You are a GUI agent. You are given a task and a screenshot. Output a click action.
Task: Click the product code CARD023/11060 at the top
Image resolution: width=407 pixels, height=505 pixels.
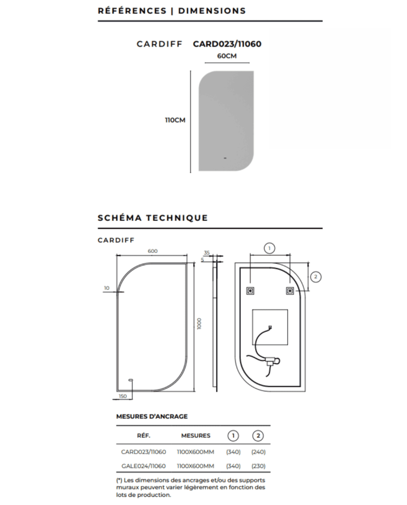point(227,44)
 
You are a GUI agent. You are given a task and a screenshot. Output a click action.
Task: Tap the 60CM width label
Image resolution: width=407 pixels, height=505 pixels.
point(227,56)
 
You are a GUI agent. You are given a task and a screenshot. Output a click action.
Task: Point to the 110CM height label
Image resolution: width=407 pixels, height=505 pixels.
point(176,120)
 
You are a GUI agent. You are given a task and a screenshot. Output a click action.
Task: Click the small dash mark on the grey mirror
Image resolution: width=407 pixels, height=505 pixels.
point(225,158)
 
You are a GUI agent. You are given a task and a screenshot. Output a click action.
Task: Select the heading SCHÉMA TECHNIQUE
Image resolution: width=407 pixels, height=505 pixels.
point(153,218)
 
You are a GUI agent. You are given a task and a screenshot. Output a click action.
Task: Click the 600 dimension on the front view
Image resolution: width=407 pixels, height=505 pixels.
point(152,251)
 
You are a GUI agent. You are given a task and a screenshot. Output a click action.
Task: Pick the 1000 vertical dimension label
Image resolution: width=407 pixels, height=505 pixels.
point(199,323)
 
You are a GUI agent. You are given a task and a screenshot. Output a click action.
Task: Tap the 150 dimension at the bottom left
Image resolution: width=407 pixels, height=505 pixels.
point(123,396)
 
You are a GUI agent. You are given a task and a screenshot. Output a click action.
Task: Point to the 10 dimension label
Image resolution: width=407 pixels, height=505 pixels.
point(106,288)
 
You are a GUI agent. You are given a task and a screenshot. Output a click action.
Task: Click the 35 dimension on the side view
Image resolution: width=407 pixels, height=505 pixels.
point(206,252)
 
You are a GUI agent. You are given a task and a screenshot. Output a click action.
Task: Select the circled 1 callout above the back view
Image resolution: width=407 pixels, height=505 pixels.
point(269,248)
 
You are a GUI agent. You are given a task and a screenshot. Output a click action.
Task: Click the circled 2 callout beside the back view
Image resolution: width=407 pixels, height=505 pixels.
point(316,277)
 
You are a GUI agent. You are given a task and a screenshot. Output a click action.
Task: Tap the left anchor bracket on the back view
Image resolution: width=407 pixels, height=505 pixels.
point(251,291)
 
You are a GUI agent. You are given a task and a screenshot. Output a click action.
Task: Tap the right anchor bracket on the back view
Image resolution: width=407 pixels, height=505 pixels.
point(290,291)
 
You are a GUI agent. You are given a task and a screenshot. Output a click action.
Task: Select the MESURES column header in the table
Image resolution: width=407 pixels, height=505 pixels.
point(195,435)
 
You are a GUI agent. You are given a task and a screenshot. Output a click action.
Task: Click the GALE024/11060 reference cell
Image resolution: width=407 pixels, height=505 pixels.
point(144,465)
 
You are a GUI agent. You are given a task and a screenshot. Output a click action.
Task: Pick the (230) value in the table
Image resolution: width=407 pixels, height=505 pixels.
point(258,465)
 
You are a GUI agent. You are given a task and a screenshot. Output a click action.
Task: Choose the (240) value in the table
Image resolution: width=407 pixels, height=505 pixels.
point(258,452)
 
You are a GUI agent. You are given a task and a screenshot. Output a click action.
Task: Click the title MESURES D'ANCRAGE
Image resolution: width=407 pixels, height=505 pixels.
point(152,417)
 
